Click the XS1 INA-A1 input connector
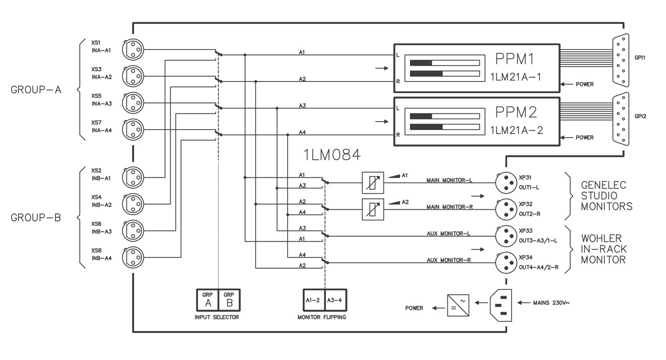[133, 49]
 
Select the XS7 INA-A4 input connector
[133, 129]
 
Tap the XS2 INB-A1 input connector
[133, 177]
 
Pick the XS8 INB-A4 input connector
[133, 257]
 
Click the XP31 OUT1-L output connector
[506, 183]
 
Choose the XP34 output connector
[506, 263]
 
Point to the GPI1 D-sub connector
[621, 60]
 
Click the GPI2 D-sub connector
[621, 119]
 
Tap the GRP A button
[207, 300]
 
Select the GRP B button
[229, 300]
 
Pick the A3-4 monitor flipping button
[336, 300]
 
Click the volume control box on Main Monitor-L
[373, 183]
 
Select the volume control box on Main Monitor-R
[373, 209]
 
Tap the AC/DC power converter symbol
[458, 305]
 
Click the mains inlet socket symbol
[501, 305]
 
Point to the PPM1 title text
[515, 59]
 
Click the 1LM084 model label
[332, 155]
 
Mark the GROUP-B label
[36, 218]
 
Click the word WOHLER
[601, 238]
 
